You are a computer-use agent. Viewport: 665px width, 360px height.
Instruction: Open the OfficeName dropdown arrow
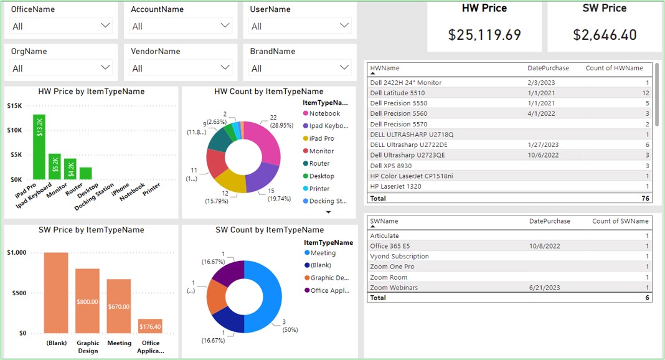click(105, 26)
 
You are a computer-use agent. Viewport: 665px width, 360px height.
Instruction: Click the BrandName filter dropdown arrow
click(344, 67)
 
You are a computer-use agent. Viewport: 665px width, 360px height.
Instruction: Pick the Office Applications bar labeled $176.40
click(150, 326)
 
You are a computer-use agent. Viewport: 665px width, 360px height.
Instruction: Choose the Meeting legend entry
click(323, 253)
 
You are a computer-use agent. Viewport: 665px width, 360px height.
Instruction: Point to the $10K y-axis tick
click(14, 130)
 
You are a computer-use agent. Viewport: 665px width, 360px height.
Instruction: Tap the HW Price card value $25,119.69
click(484, 35)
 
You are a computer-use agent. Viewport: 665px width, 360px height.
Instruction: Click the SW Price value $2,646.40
click(605, 35)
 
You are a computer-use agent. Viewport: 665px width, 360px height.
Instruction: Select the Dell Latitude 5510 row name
click(397, 93)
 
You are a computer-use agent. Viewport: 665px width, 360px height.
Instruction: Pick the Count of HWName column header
click(614, 68)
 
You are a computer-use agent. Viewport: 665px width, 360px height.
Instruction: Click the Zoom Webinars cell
click(394, 288)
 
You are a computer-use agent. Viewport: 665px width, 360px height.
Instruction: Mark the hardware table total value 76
click(645, 199)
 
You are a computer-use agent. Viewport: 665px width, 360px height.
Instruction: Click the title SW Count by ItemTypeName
click(270, 230)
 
